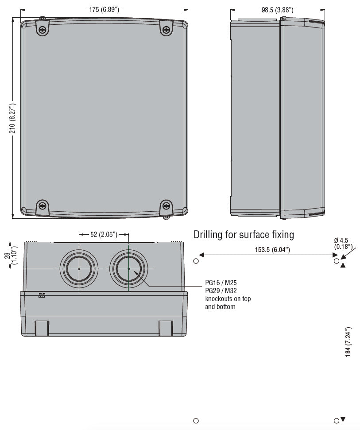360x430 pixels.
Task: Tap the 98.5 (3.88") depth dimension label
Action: pos(277,9)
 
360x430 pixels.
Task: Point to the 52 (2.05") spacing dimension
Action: pos(104,234)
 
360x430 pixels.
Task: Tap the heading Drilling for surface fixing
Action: pos(244,234)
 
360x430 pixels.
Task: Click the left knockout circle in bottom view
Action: pos(79,269)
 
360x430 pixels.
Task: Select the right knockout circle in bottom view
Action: pos(128,269)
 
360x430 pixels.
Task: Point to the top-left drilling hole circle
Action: pos(196,261)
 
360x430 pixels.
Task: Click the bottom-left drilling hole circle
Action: pos(196,421)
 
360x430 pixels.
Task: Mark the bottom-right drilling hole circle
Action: pos(337,421)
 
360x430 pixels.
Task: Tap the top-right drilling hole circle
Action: pos(337,261)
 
